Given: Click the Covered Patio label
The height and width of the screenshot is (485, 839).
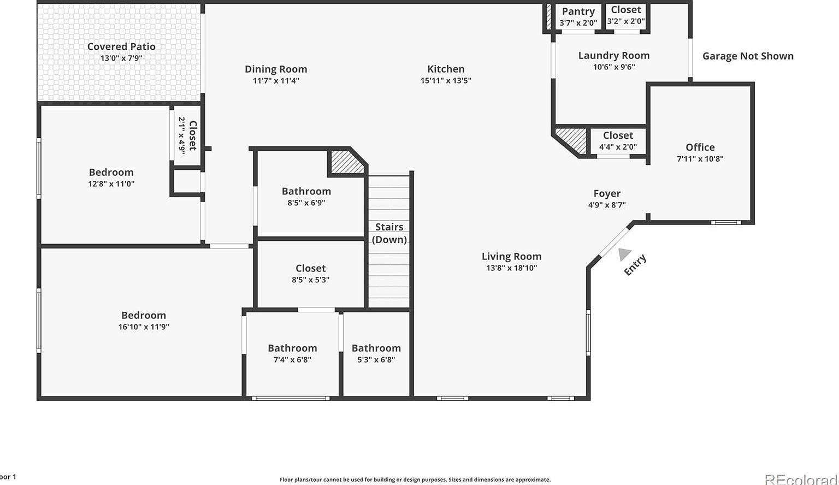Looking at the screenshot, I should (121, 47).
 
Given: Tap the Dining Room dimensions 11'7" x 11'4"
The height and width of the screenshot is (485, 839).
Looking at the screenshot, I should (276, 81).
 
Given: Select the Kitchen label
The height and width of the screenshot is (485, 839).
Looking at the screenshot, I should (446, 69).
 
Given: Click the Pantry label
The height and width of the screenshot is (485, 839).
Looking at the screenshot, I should (578, 11).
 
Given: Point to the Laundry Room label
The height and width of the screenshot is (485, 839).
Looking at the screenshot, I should (613, 55).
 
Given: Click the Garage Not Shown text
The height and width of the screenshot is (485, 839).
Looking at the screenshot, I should (747, 56).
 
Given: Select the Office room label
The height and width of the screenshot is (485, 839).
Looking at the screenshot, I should (700, 147).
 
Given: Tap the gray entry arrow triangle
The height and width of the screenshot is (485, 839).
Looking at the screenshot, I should (624, 253).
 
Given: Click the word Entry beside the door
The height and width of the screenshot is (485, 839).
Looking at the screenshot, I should (635, 265).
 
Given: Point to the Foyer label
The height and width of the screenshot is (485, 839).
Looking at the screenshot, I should (607, 193).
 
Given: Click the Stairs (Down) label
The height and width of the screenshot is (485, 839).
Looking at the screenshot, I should (389, 233).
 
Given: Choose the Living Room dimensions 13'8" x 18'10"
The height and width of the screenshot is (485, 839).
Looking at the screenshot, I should (511, 268).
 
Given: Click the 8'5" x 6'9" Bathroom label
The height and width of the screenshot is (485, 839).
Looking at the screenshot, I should (306, 191).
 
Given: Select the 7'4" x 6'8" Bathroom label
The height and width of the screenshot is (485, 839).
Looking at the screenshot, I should (292, 348).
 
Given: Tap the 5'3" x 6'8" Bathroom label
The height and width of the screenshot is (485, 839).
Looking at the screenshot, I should (376, 348).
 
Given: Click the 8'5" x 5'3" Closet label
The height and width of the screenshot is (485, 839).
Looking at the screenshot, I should (310, 268).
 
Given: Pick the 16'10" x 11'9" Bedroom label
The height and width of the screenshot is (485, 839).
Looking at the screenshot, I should (143, 315).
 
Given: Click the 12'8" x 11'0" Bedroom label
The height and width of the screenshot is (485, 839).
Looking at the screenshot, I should (111, 172).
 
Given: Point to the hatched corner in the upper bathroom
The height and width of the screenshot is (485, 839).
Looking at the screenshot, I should (346, 162).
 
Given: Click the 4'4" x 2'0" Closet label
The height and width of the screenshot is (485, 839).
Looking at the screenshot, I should (618, 135).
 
